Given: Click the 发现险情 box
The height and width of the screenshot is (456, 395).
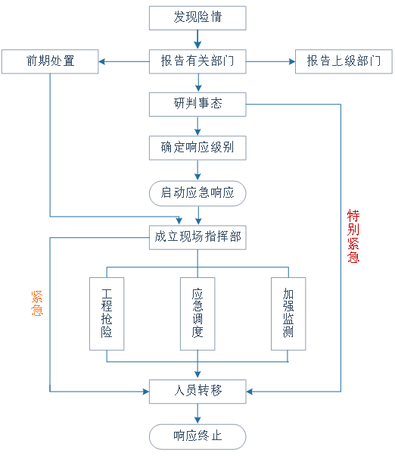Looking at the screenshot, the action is pos(197,18).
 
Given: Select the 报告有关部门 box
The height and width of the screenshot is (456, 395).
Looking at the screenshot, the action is pos(197,61).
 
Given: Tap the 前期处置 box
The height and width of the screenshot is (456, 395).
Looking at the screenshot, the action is pos(50,61).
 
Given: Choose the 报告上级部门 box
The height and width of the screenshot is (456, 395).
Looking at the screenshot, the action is pos(344,61).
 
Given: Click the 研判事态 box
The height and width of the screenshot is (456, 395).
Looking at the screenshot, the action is pos(197,105).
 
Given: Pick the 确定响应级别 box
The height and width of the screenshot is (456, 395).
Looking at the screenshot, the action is pos(197,148).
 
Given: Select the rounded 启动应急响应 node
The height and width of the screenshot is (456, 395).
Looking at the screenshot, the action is pos(197,193).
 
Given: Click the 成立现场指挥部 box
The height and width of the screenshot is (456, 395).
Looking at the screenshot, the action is pos(197,237).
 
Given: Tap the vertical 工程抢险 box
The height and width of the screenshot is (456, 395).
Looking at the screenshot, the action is pos(107,314).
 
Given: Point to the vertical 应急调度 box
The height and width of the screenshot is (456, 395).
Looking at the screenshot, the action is pos(197,314).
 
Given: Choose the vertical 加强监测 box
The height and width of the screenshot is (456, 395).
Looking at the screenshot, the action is pos(288,314).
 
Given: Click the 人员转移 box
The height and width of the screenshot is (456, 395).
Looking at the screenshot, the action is pos(197,392).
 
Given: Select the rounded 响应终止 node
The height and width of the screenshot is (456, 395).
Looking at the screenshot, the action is pos(197,437).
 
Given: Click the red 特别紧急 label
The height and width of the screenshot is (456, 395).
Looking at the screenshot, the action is pos(353,236).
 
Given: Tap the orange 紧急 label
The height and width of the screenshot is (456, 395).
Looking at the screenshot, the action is pos(37,303).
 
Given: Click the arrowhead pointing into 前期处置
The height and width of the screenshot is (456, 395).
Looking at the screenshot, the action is pos(101,61).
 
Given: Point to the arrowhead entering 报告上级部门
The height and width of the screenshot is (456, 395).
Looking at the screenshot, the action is pos(292,61).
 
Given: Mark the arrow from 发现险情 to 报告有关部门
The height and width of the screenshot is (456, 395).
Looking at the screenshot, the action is pos(197,39).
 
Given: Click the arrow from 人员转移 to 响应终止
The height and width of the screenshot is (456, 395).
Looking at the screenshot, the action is pos(197,414).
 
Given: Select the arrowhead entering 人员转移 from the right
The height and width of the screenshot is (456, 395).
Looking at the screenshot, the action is pos(250,392).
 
